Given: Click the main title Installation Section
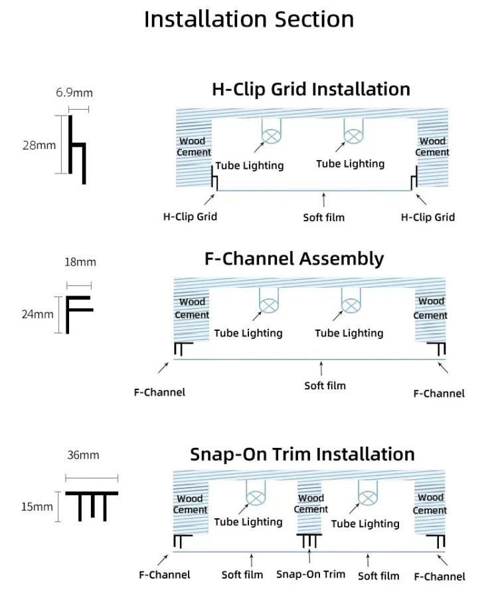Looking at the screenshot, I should point(249,19).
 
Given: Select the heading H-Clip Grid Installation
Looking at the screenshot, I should point(311,89).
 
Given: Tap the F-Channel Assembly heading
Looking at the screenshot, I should point(294,258).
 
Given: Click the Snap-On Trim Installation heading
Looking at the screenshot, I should point(302,454).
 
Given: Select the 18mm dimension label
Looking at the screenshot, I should point(80,262).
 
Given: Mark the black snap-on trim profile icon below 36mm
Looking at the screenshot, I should point(92,506).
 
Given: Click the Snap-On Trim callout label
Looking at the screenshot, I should point(311,574).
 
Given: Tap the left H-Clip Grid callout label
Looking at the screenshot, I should point(190,217).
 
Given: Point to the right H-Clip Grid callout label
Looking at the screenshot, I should point(428,217).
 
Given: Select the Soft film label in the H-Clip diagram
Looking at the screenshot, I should point(324,217).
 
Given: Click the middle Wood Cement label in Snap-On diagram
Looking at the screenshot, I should point(311,504).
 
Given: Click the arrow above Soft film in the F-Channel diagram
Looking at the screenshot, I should point(322,367).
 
